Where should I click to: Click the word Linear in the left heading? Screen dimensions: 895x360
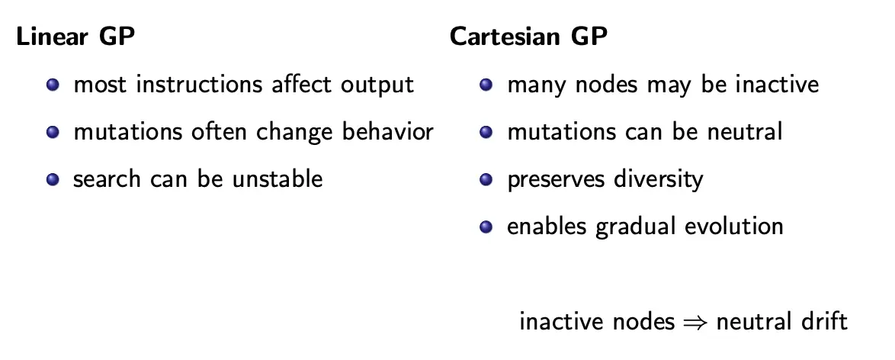(52, 37)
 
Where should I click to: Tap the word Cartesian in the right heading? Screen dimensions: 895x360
(504, 37)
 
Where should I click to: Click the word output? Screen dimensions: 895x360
(377, 85)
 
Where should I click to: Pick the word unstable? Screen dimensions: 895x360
(277, 179)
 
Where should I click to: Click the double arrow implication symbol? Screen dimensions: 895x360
(695, 323)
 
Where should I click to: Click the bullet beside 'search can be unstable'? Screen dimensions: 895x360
(53, 179)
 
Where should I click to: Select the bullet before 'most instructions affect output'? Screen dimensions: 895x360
(53, 85)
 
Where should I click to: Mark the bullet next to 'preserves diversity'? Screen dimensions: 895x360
(486, 179)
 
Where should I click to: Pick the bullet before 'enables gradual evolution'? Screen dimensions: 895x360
(486, 227)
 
